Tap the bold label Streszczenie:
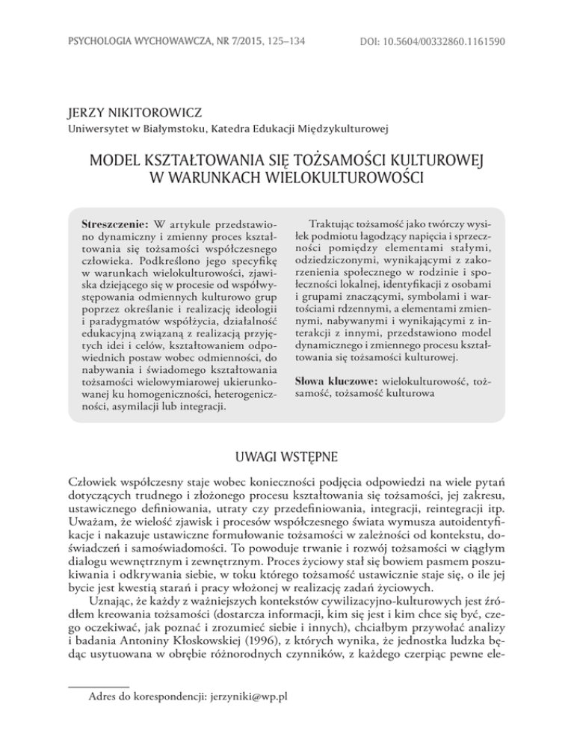[x=114, y=224]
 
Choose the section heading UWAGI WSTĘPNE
[x=287, y=456]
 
